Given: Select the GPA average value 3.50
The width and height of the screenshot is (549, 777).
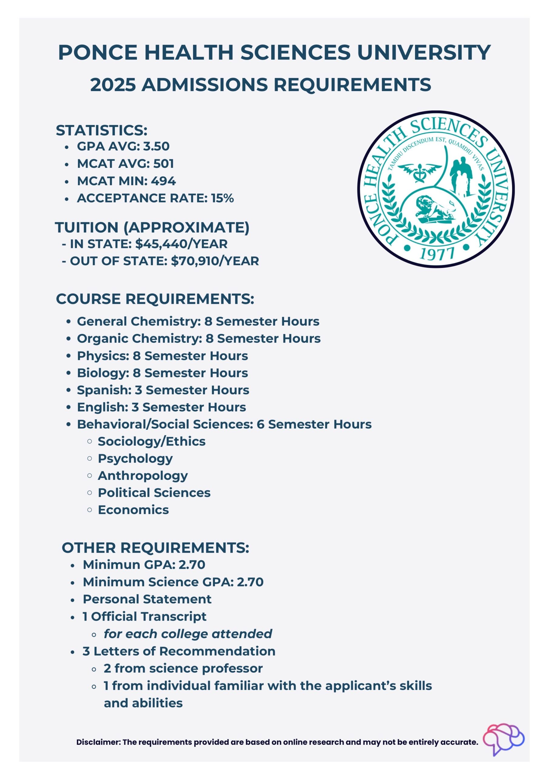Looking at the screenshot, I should [x=156, y=146].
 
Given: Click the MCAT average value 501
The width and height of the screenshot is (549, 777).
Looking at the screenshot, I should [x=164, y=164].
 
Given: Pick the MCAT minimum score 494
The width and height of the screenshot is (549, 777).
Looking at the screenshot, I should [x=163, y=181].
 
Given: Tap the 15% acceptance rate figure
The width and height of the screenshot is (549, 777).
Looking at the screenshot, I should [x=223, y=198].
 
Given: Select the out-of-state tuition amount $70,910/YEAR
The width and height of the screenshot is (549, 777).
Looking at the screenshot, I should [x=215, y=261].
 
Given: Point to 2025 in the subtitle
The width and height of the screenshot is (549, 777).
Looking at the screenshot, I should [x=113, y=85].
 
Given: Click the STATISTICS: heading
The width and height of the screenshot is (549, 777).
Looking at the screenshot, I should [x=102, y=131].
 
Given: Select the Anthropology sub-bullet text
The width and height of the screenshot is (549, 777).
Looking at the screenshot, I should [x=143, y=476].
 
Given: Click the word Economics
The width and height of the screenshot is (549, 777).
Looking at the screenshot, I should [x=133, y=510].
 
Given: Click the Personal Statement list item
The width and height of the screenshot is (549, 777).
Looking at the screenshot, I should [x=147, y=599].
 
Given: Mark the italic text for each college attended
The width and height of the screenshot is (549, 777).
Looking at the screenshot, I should [x=188, y=634].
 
